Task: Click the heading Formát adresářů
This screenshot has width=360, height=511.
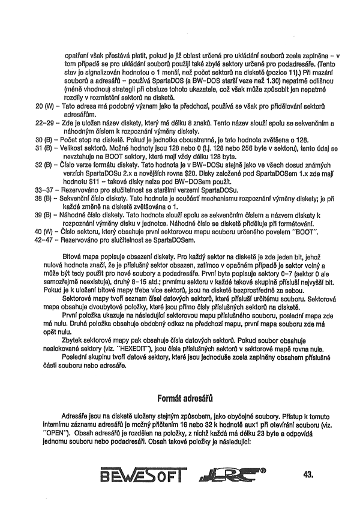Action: pyautogui.click(x=180, y=398)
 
